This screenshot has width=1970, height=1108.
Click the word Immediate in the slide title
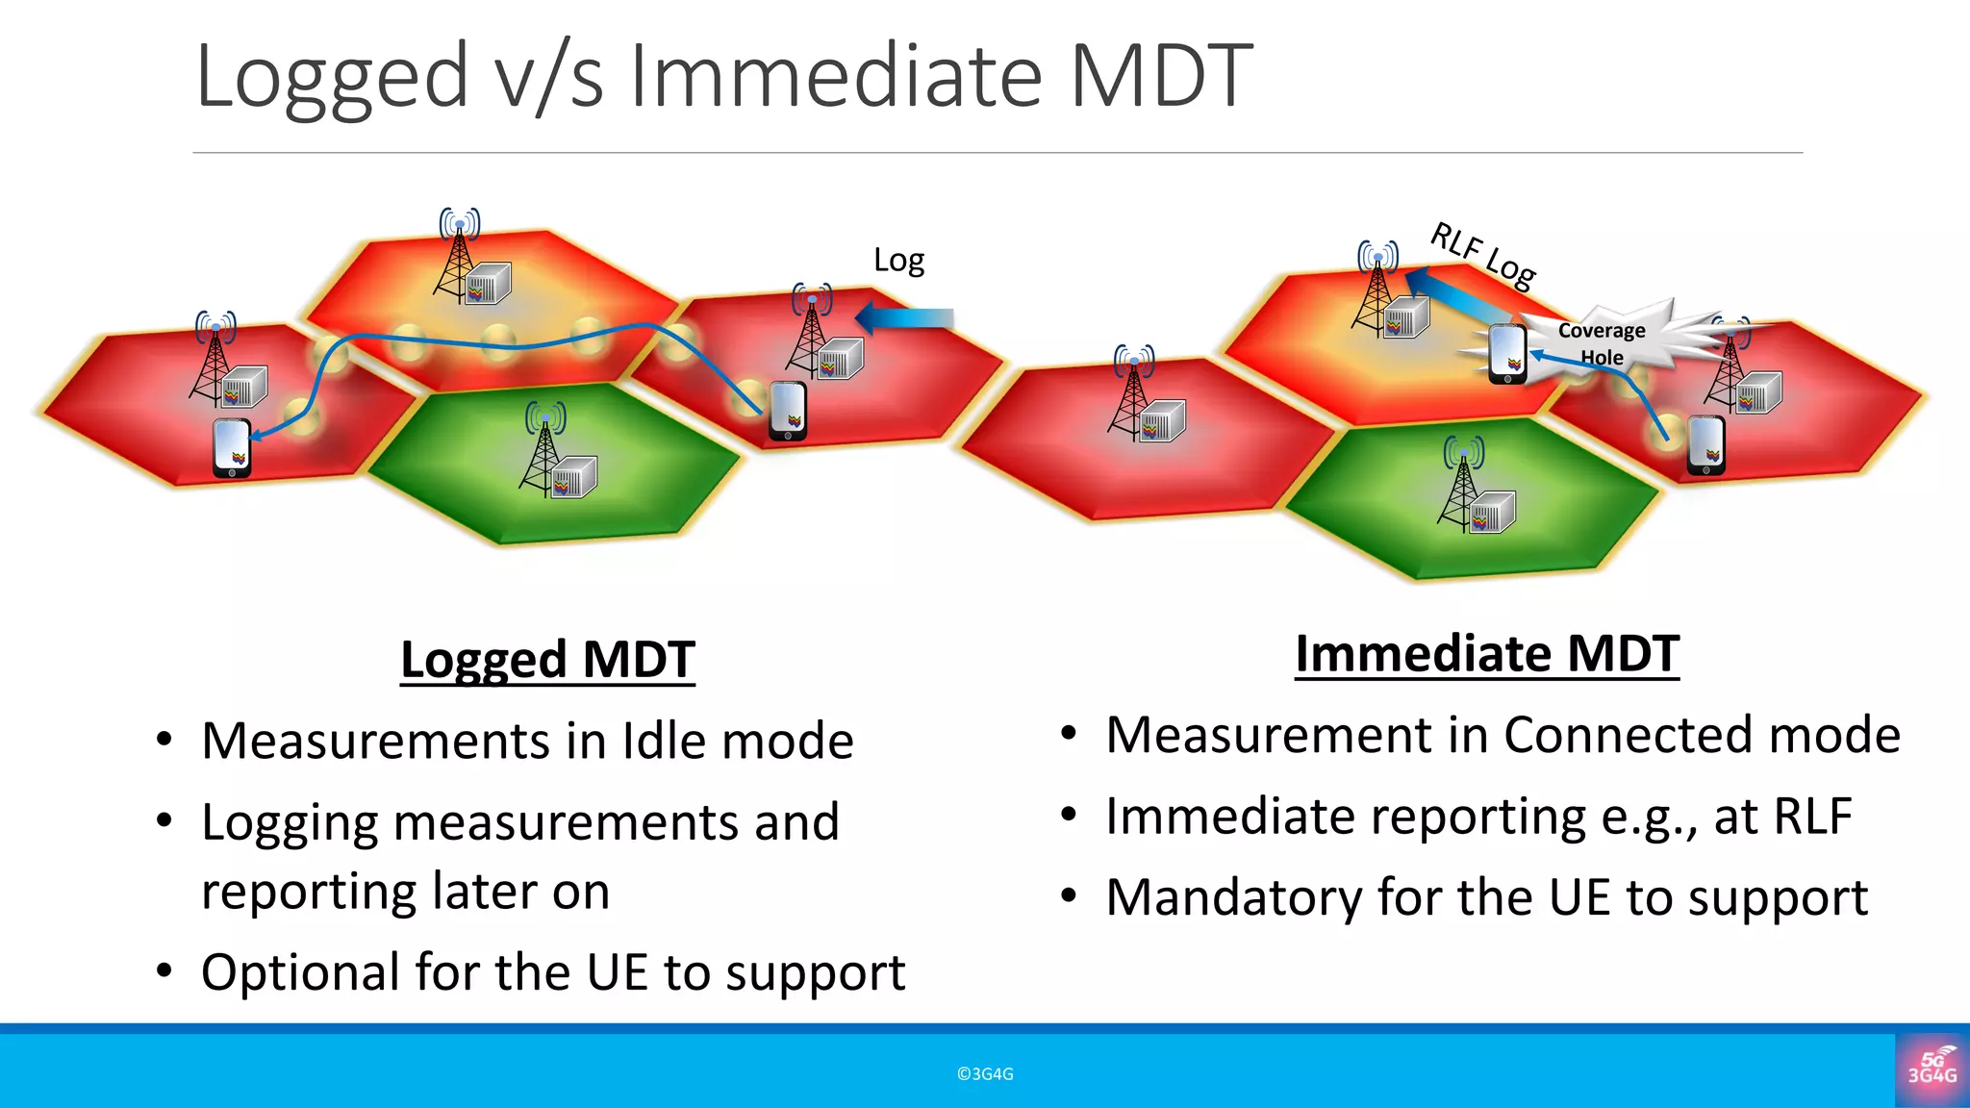pos(835,77)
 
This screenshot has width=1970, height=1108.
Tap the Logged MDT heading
pos(547,660)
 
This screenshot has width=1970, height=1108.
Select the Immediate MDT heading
pos(1486,654)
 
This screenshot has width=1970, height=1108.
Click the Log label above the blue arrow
pos(898,261)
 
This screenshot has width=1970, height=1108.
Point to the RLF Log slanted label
pos(1482,256)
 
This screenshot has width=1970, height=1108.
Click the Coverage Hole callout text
pos(1602,343)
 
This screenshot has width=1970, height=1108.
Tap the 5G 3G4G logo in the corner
pos(1932,1069)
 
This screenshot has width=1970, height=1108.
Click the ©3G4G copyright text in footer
pos(985,1074)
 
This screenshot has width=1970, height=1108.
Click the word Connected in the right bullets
pos(1629,736)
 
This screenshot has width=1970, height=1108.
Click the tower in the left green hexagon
pos(544,448)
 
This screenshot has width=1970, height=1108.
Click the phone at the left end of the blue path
pos(232,448)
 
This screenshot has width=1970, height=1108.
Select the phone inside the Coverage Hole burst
pos(1507,353)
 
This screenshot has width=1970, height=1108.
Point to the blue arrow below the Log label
pos(904,318)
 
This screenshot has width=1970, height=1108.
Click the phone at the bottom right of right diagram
pos(1705,445)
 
